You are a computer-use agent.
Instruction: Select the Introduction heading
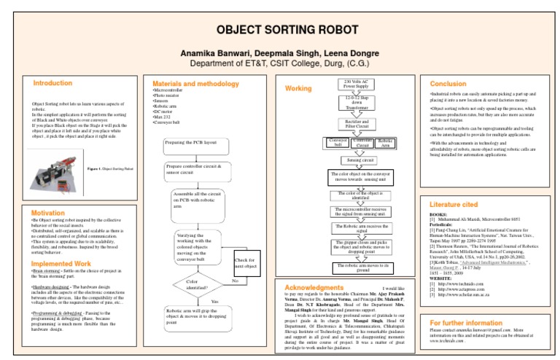coord(53,83)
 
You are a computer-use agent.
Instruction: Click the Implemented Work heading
coord(61,263)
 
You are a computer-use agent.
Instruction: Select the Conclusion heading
coord(448,84)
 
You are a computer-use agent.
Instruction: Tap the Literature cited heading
coord(454,206)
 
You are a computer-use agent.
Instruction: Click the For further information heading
coord(466,322)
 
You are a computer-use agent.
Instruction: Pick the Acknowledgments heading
coord(315,287)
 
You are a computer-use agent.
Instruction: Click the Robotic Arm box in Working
coord(386,142)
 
